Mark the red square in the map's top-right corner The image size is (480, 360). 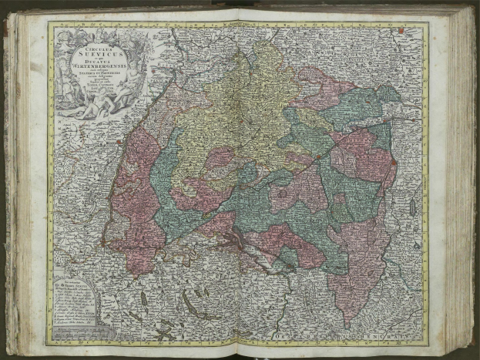(x=401, y=31)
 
